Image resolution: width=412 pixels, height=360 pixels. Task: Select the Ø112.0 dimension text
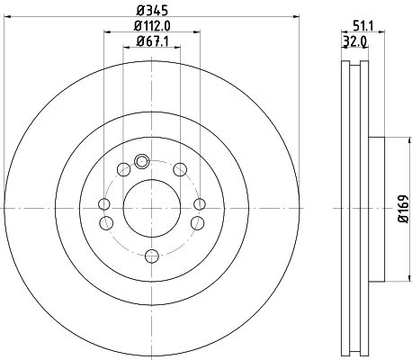pyautogui.click(x=146, y=26)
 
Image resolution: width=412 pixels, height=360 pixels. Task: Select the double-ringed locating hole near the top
pyautogui.click(x=140, y=162)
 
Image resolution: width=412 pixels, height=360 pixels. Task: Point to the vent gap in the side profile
pyautogui.click(x=355, y=207)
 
